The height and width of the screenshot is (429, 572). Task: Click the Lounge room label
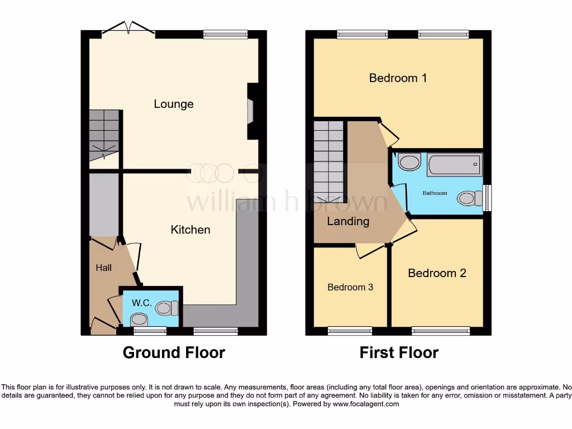click(x=174, y=104)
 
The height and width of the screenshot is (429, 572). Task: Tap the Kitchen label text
click(x=190, y=230)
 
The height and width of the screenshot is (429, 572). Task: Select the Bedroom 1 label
click(x=398, y=78)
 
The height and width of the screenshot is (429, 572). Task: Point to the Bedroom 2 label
click(x=437, y=273)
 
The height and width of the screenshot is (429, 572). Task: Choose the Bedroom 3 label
click(x=350, y=287)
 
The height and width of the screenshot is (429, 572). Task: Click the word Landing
click(x=348, y=221)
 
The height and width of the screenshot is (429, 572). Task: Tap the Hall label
click(x=103, y=268)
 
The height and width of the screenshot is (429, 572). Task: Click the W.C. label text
click(x=142, y=303)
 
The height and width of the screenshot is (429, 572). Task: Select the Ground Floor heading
click(x=174, y=352)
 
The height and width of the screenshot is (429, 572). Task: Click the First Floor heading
click(x=399, y=352)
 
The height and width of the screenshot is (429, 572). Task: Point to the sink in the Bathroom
click(x=410, y=163)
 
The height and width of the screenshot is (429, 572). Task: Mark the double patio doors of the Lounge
click(x=129, y=30)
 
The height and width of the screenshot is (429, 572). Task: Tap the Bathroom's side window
click(x=488, y=198)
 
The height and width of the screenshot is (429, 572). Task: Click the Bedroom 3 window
click(x=350, y=331)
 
